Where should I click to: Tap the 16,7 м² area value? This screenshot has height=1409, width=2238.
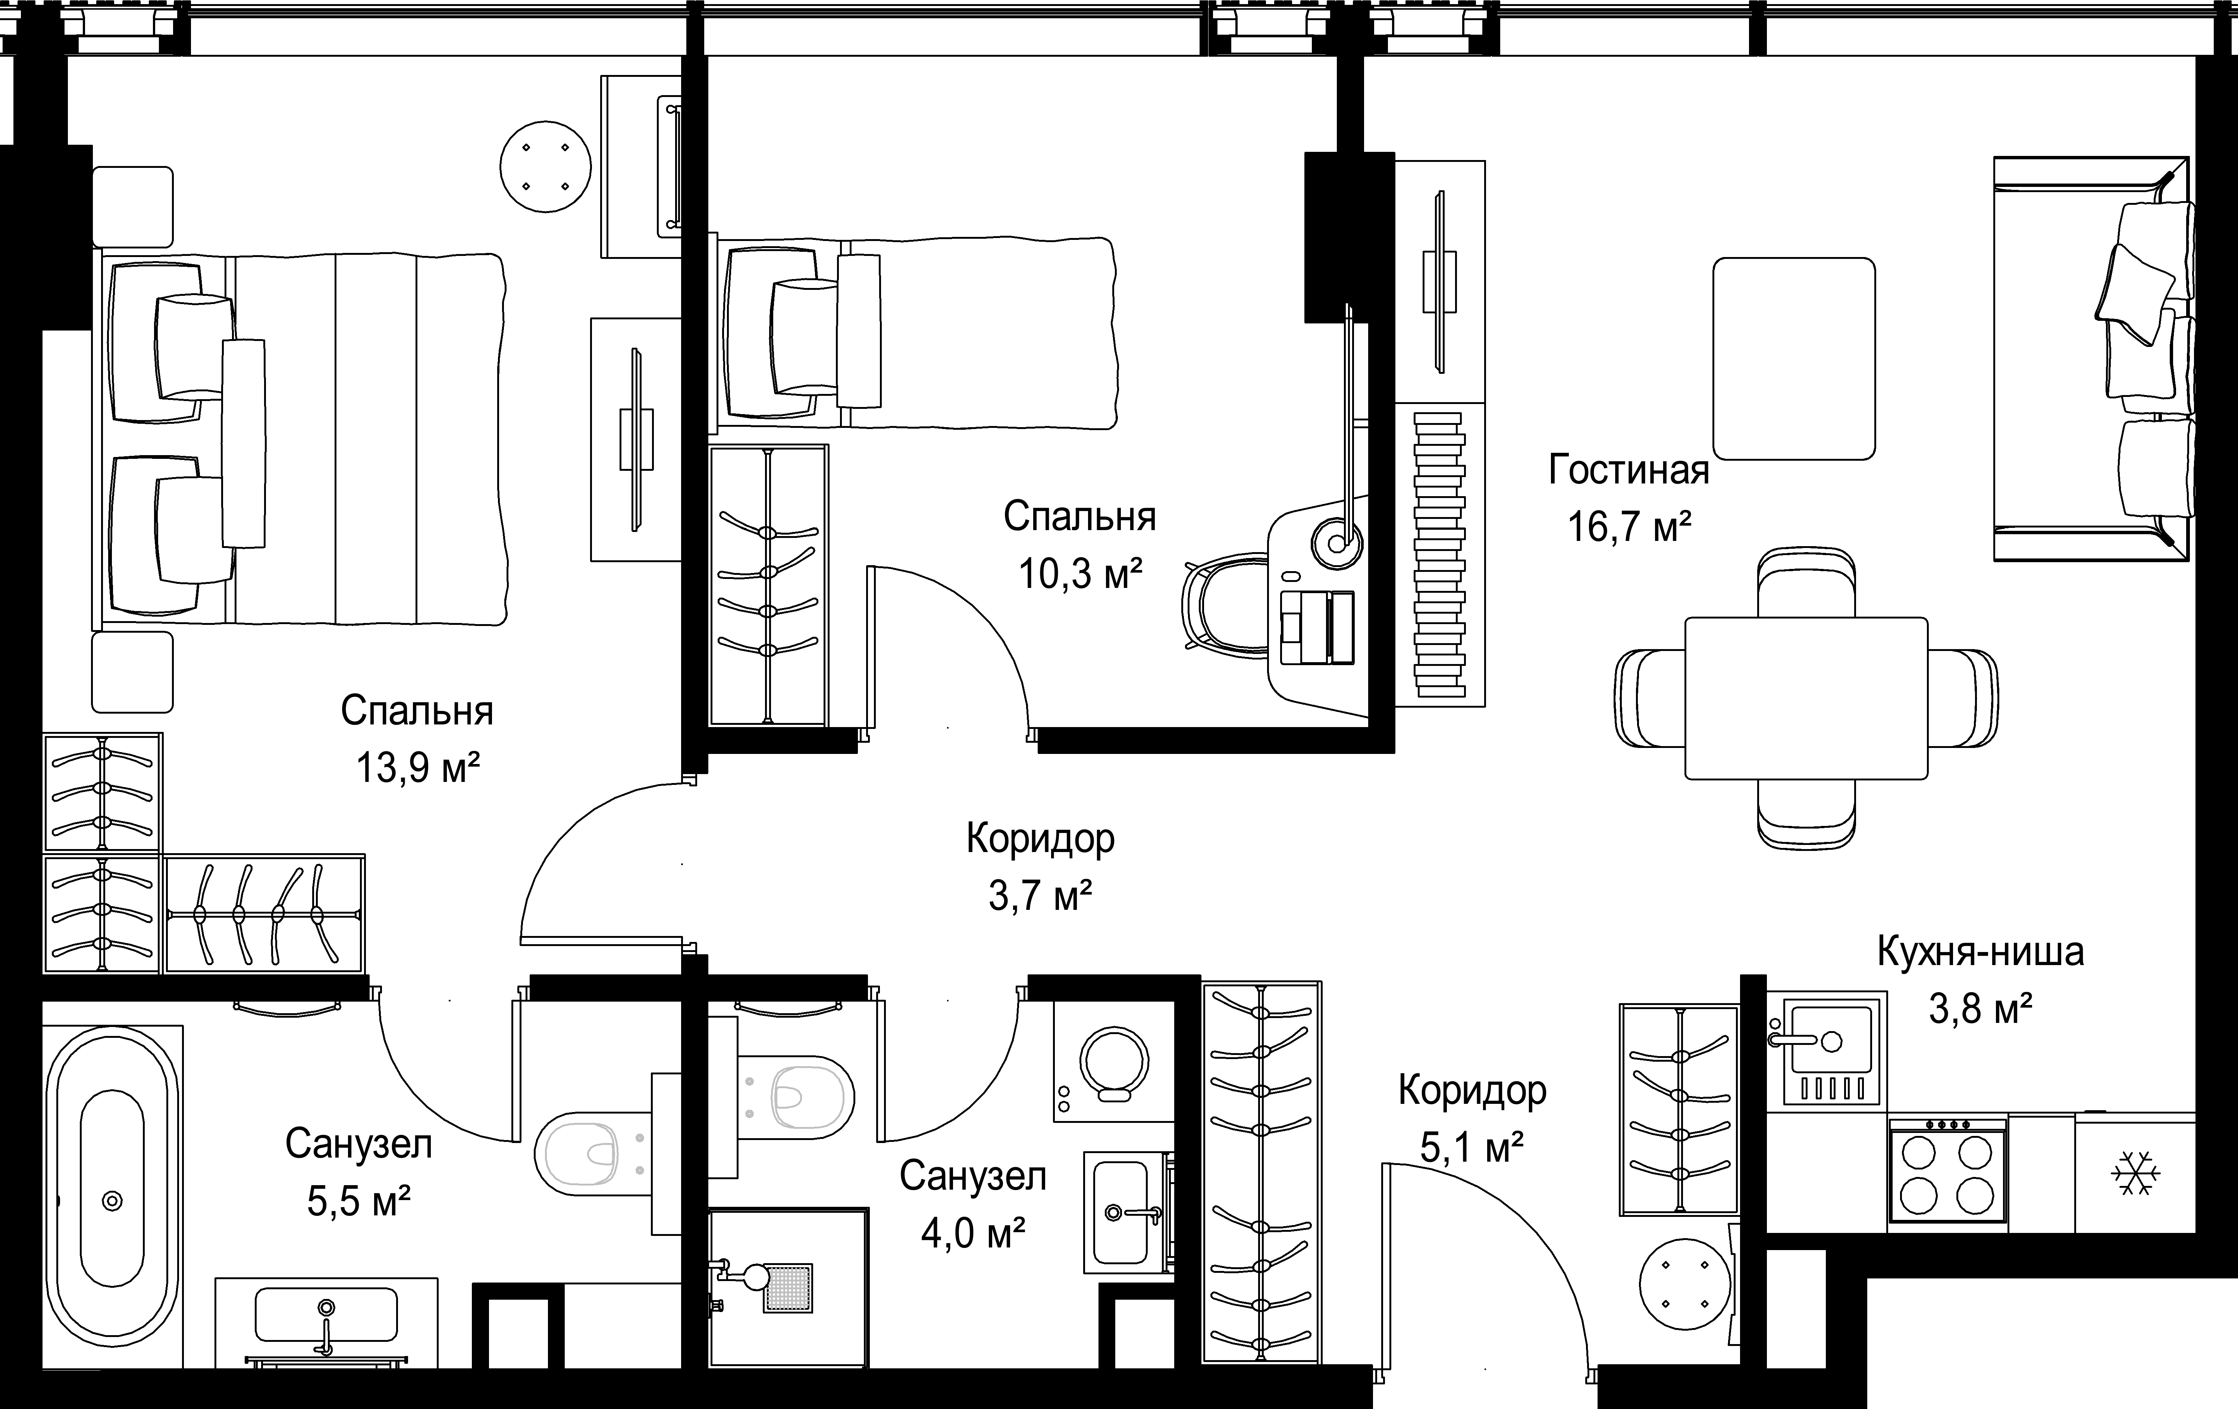click(1628, 527)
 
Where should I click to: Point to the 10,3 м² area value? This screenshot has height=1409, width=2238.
click(1080, 573)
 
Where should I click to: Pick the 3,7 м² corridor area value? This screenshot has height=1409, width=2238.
click(1040, 896)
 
